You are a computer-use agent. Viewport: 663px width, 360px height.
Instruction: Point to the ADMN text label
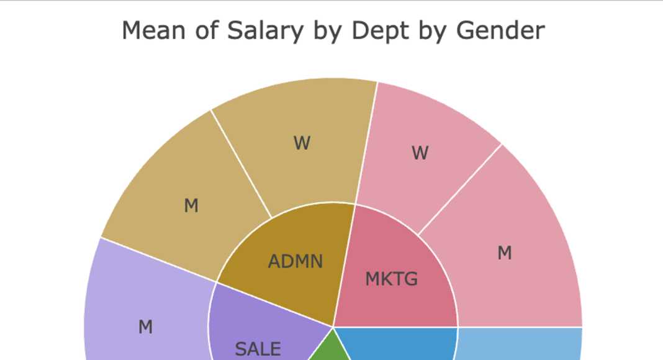[295, 261]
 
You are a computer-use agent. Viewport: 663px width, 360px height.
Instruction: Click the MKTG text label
[391, 279]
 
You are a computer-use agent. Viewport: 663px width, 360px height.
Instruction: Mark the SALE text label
[258, 349]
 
